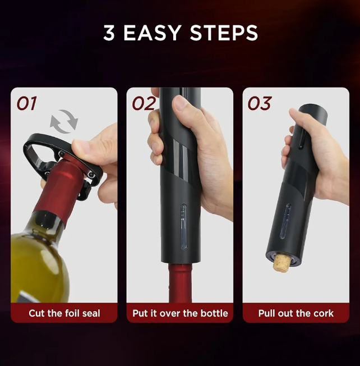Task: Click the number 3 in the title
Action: (x=109, y=33)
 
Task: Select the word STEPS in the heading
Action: (x=224, y=33)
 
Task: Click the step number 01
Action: (x=26, y=103)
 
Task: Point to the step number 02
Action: (x=143, y=103)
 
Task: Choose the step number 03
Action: (x=260, y=103)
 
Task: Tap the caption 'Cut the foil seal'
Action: (x=64, y=313)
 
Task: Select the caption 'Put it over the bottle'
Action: (x=180, y=313)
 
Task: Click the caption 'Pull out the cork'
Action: (x=296, y=313)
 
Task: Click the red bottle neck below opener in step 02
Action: (x=180, y=283)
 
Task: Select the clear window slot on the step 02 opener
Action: (x=183, y=225)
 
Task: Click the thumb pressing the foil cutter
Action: (x=90, y=150)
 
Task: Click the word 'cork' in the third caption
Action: (x=322, y=313)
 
